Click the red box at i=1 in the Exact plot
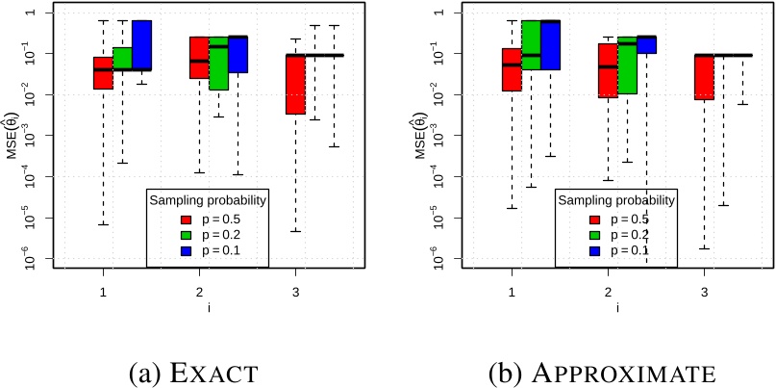[103, 73]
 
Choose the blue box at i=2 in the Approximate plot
[646, 44]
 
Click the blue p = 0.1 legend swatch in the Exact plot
[189, 249]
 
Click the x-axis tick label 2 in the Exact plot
[199, 291]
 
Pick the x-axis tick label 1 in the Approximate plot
[512, 291]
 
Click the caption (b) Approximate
[607, 370]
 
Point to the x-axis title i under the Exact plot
[199, 307]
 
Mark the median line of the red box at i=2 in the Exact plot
[199, 61]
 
